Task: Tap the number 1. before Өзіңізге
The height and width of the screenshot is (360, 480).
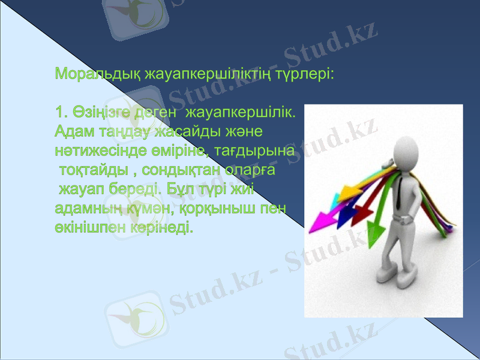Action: point(60,112)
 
